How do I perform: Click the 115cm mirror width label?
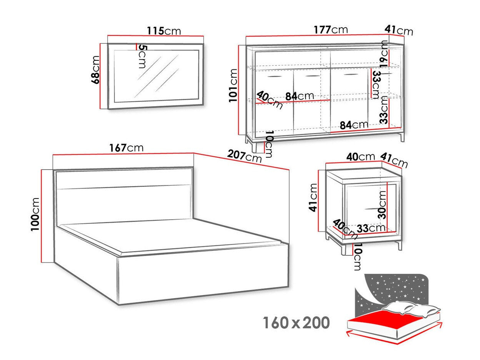tap(163, 30)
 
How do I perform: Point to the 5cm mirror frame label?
tap(142, 57)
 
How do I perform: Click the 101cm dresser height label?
tap(233, 85)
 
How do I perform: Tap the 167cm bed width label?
tap(126, 148)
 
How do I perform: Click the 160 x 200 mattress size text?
tap(296, 323)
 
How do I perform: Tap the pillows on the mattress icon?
tap(412, 309)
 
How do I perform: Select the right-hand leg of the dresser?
tap(402, 137)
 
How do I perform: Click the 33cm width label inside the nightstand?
tap(371, 228)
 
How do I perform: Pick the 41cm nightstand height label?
tap(313, 197)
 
